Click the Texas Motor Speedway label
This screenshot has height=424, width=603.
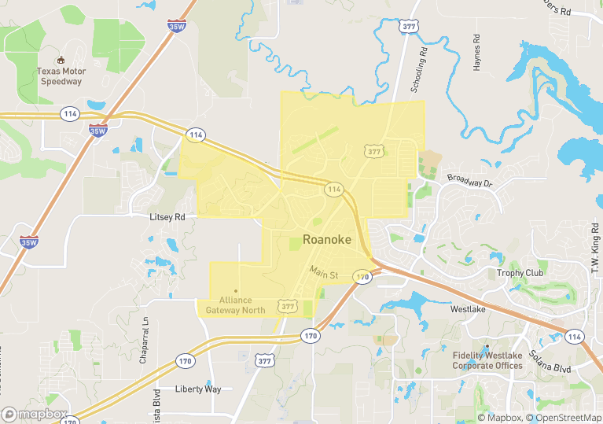[x=60, y=76]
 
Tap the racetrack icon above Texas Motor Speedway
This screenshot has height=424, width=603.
[x=60, y=60]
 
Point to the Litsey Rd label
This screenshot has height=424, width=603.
[x=167, y=216]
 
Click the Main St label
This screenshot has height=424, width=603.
[x=323, y=273]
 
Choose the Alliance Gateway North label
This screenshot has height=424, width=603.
[x=236, y=304]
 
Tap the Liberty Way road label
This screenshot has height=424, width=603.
[x=198, y=389]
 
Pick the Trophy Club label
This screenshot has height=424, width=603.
[x=520, y=274]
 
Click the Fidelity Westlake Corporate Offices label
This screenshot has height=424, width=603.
[x=487, y=360]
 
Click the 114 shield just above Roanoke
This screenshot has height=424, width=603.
[x=334, y=190]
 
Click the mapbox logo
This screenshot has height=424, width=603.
[x=35, y=415]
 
